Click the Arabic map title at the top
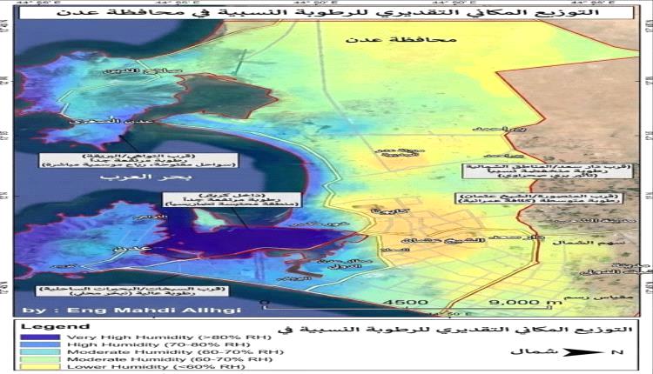coord(326,15)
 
